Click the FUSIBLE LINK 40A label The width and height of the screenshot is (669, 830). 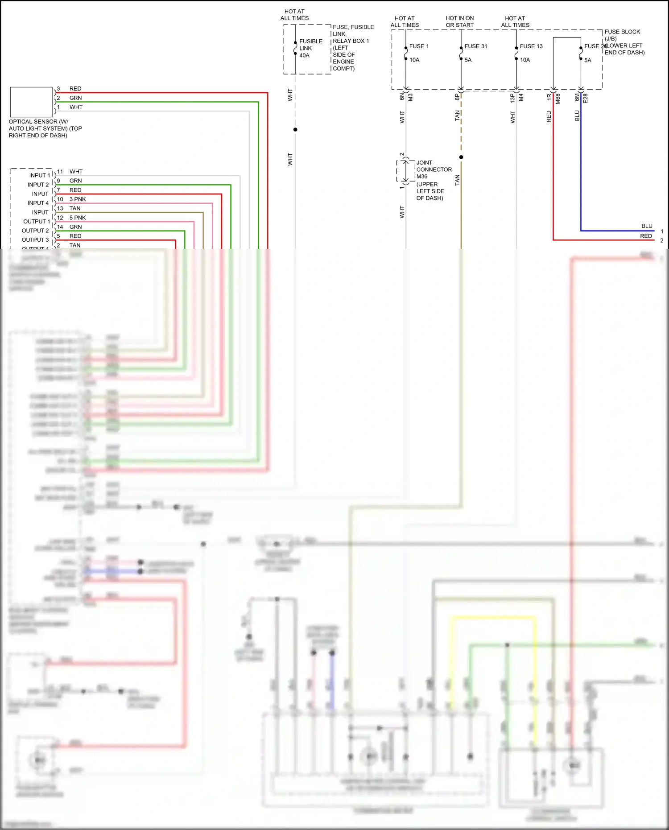click(310, 48)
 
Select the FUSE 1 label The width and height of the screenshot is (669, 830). click(419, 46)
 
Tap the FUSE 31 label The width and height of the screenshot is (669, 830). click(475, 46)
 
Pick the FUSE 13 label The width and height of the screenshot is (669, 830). click(531, 46)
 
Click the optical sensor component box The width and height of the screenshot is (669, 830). click(31, 102)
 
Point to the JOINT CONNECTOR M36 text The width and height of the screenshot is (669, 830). click(434, 169)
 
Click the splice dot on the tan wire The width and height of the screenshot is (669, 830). click(461, 157)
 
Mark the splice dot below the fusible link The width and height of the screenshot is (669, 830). click(295, 129)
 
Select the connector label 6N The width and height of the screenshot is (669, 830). click(402, 96)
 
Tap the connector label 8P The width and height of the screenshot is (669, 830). click(457, 96)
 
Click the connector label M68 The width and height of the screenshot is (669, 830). click(558, 99)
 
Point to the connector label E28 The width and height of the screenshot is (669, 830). click(586, 98)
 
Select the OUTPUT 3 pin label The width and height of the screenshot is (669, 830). click(35, 240)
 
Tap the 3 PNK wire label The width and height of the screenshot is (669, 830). click(78, 199)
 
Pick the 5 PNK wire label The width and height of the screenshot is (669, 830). click(78, 218)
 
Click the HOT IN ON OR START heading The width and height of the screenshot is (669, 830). click(459, 21)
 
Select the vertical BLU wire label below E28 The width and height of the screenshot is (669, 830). click(577, 116)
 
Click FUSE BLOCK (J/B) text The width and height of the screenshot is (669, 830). click(622, 35)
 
